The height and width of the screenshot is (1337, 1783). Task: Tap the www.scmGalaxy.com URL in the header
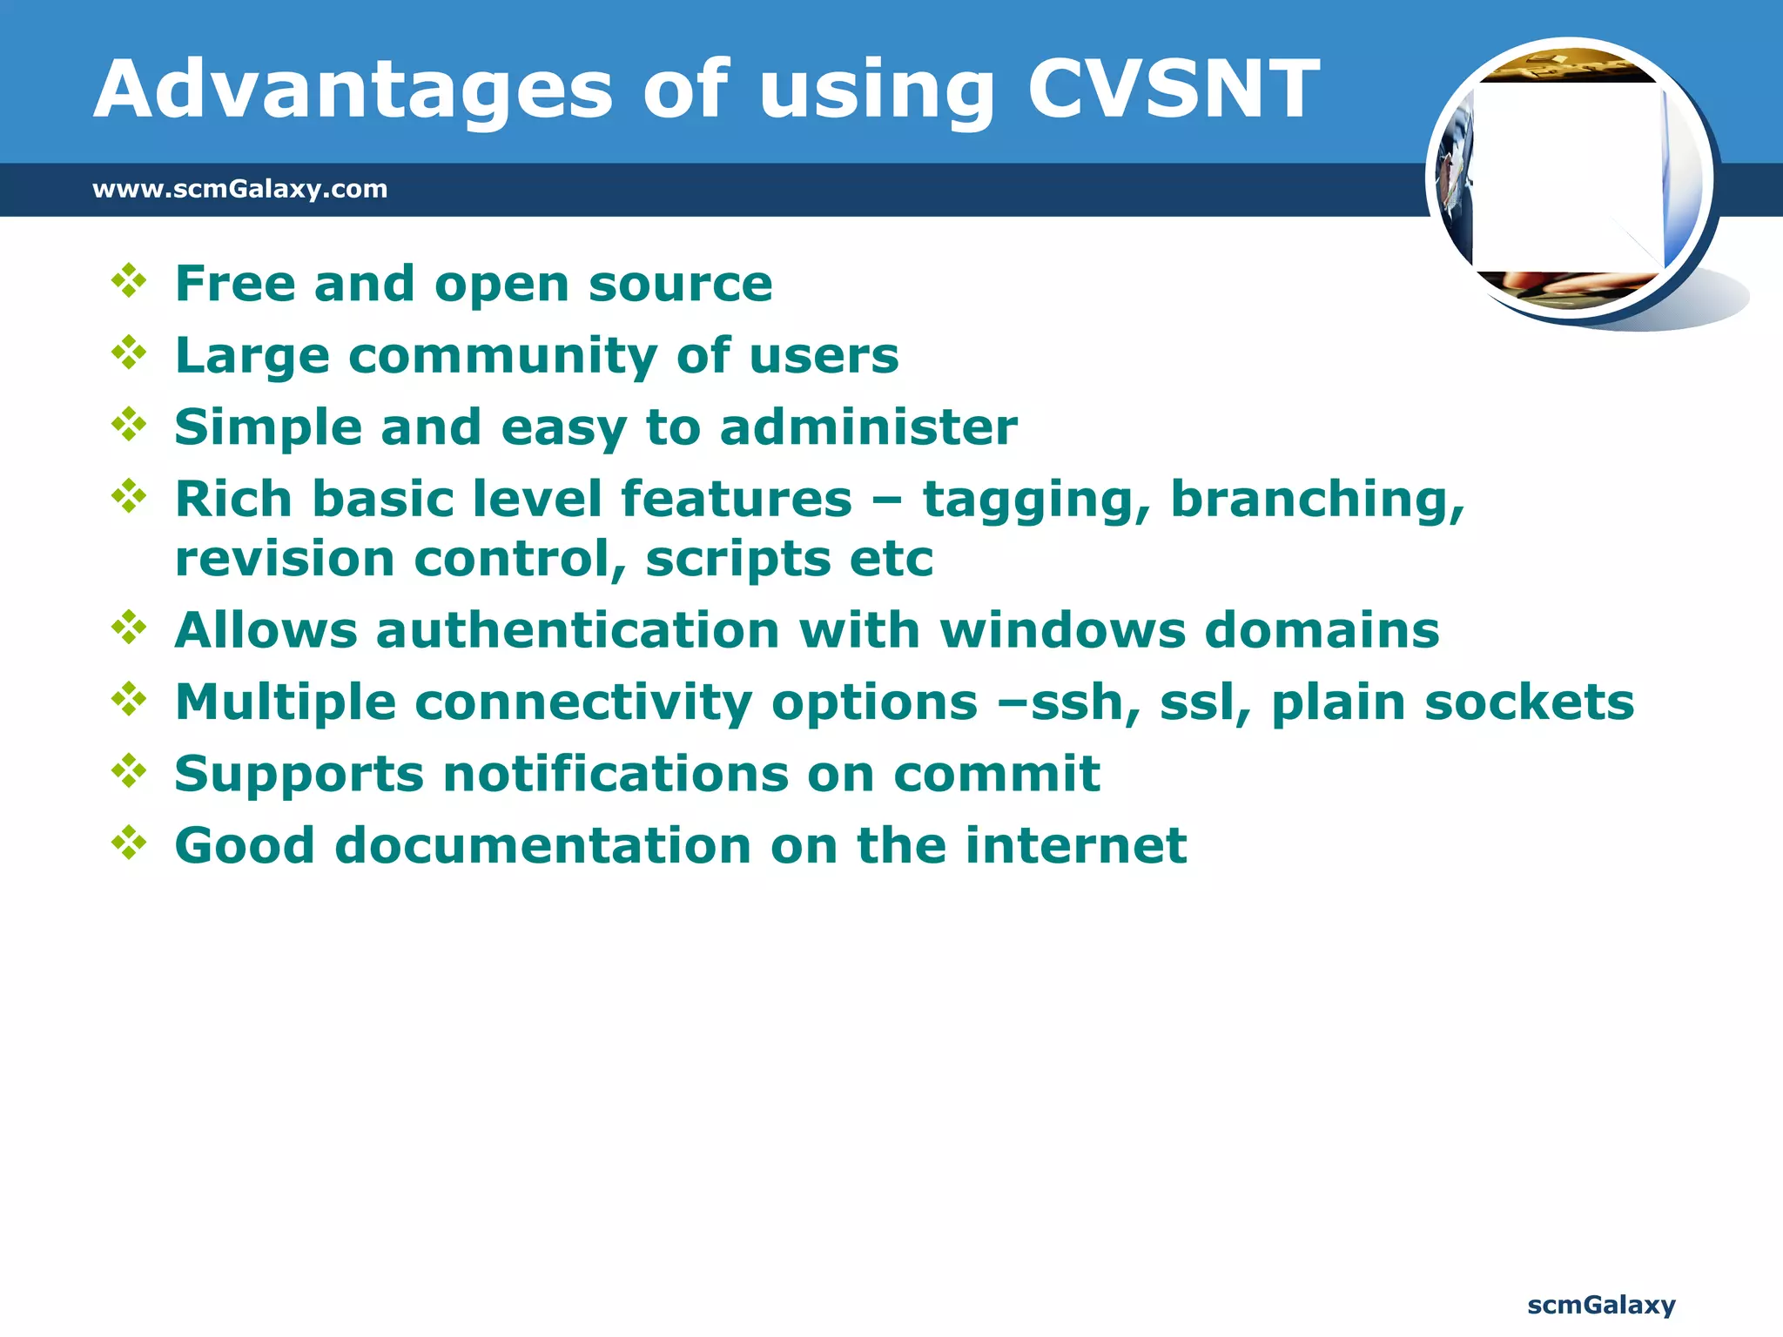coord(240,189)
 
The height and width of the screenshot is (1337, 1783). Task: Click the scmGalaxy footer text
coord(1601,1305)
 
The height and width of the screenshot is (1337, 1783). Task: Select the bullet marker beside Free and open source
coord(129,281)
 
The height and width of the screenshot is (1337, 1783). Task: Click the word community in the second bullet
coord(502,356)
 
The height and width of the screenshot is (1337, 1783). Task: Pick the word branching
coord(1317,501)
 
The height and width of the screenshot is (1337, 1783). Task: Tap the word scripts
coord(737,559)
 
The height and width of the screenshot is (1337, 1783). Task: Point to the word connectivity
coord(583,703)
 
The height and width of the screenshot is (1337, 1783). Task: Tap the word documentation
coord(543,846)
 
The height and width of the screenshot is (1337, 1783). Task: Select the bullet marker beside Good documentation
coord(129,843)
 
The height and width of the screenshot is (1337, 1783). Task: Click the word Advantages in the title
coord(353,90)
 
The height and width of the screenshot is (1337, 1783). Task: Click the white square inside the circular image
coord(1567,177)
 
